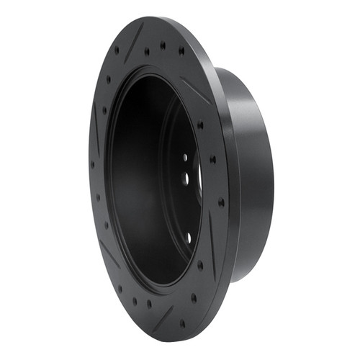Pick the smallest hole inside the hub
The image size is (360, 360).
pyautogui.click(x=184, y=156)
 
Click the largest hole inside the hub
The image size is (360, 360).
pyautogui.click(x=186, y=176)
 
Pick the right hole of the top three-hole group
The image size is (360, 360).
pyautogui.click(x=181, y=51)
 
